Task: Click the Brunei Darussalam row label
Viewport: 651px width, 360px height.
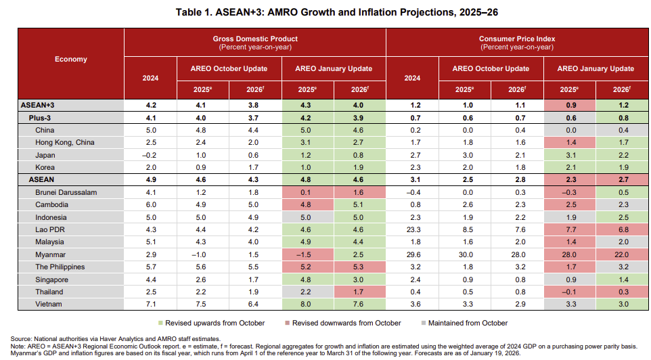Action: click(x=66, y=192)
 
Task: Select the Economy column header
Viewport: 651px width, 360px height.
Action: click(x=70, y=59)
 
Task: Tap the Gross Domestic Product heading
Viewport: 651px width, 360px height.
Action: click(x=254, y=39)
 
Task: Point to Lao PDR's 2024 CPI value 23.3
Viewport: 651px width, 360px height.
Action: click(x=412, y=229)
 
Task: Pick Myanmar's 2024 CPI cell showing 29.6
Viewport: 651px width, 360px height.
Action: click(x=412, y=254)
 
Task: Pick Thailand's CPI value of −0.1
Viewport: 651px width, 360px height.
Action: click(x=569, y=292)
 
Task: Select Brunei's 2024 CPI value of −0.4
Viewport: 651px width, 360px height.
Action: click(x=412, y=192)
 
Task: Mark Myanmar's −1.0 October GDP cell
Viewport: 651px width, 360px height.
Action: click(x=202, y=254)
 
